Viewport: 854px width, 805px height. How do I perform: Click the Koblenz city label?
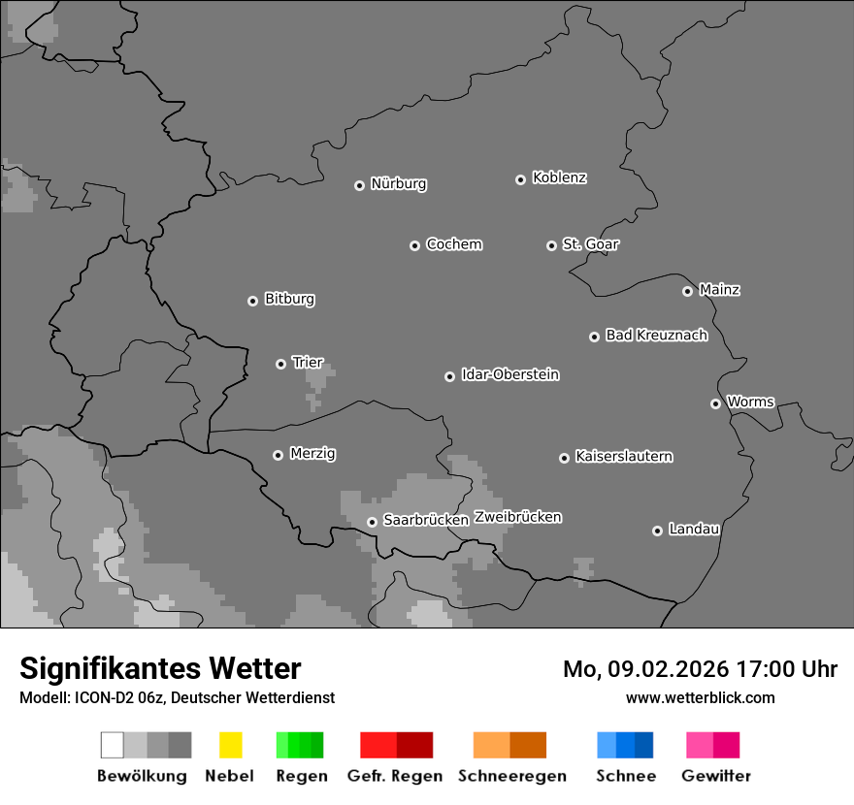tap(559, 177)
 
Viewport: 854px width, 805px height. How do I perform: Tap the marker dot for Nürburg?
tap(359, 185)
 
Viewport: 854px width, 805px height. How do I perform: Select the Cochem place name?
tap(453, 244)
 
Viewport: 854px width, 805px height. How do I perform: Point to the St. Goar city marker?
tap(551, 245)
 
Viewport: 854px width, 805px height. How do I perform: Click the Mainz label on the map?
tap(719, 289)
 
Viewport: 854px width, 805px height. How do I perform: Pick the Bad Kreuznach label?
tap(656, 336)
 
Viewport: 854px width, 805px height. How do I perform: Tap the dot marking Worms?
tap(715, 403)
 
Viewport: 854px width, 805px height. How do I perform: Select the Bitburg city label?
tap(289, 299)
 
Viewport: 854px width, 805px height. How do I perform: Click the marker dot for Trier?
tap(280, 364)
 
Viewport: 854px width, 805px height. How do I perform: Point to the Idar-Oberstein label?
tap(509, 374)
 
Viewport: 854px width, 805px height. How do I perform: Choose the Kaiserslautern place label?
tap(623, 456)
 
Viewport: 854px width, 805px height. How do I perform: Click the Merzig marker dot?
tap(278, 455)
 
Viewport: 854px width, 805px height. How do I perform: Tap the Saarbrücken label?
tap(425, 520)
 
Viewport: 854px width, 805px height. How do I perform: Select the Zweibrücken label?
tap(517, 517)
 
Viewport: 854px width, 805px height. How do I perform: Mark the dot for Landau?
tap(657, 531)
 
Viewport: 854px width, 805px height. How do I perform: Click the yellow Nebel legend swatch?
tap(230, 745)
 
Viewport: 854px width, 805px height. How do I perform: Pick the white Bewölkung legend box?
tap(113, 745)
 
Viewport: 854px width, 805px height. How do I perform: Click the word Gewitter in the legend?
tap(715, 776)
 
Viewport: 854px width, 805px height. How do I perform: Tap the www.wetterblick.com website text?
tap(700, 697)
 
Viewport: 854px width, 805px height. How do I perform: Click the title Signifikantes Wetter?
tap(160, 668)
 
